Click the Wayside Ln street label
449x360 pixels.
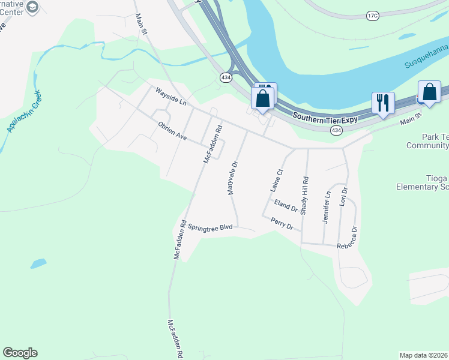click(171, 97)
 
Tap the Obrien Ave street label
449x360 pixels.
click(172, 131)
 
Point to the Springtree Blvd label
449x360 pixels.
click(209, 227)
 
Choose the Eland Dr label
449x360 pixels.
click(286, 206)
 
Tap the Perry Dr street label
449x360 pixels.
click(282, 224)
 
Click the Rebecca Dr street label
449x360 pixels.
click(348, 240)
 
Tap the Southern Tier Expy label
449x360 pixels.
click(325, 117)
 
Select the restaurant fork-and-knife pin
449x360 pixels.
click(382, 103)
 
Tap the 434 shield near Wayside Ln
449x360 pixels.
click(225, 77)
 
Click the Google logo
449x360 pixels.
click(20, 353)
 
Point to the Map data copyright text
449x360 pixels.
click(424, 355)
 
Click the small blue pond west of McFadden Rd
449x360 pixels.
click(37, 263)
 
